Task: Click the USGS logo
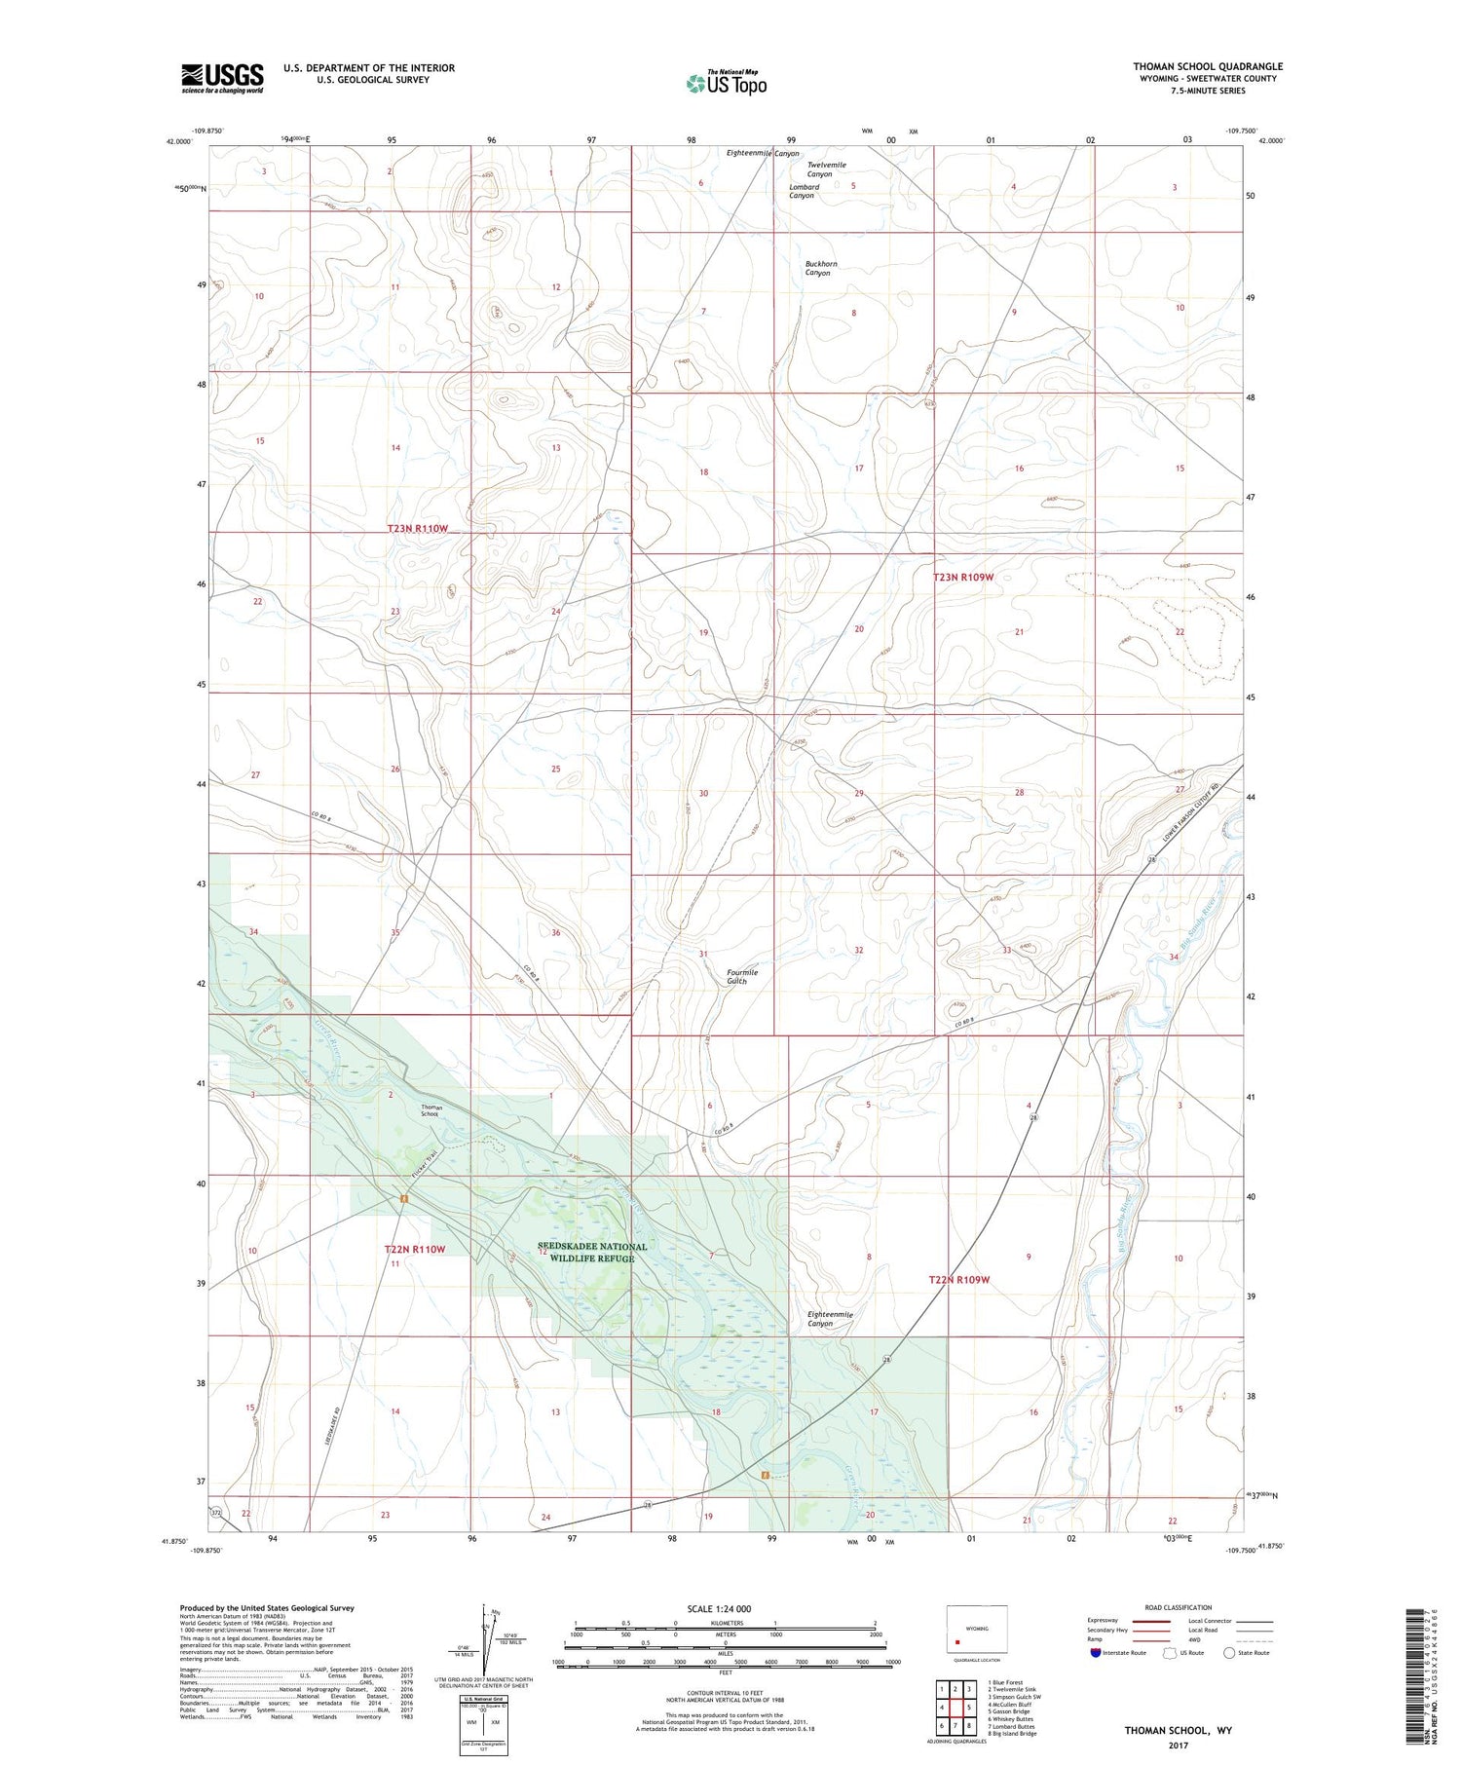point(222,78)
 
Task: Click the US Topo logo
point(726,83)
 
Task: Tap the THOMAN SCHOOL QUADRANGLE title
point(1208,66)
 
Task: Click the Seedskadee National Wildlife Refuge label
point(591,1253)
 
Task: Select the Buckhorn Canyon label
point(820,268)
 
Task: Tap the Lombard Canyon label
point(804,191)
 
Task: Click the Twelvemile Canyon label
point(826,169)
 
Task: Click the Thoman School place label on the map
point(431,1110)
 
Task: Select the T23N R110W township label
point(418,528)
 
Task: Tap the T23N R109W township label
point(963,578)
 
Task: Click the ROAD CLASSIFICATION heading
point(1178,1607)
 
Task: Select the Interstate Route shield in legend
point(1096,1653)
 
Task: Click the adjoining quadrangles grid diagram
point(956,1707)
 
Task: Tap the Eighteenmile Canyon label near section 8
point(830,1319)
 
